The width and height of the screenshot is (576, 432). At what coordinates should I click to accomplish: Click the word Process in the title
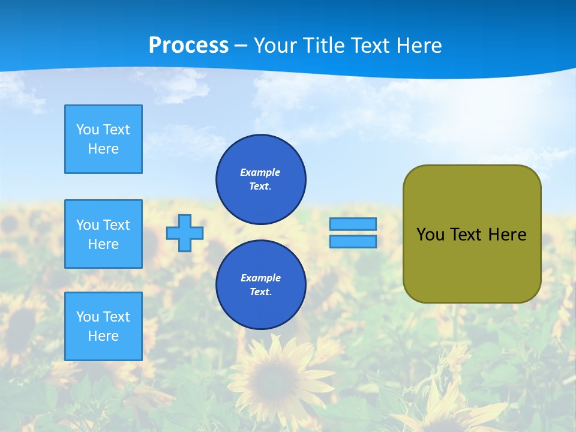188,46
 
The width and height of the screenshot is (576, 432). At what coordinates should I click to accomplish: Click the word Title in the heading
324,46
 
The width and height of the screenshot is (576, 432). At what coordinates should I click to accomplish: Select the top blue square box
103,139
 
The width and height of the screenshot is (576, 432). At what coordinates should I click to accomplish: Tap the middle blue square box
103,234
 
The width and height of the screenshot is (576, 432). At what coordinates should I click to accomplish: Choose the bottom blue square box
103,326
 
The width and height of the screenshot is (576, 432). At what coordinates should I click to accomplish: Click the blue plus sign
185,233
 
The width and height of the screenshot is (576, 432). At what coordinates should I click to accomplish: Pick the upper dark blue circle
261,179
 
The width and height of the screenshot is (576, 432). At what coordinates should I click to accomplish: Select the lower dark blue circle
261,285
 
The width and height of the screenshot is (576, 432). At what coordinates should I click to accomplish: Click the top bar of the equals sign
353,224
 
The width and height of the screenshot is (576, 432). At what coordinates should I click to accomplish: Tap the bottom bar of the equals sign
353,242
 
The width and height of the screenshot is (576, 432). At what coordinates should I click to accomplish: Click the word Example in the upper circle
260,172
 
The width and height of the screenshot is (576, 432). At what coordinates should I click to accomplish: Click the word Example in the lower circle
260,278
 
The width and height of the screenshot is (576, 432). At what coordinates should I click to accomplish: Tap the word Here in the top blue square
103,149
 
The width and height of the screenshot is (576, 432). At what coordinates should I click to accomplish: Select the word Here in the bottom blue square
103,336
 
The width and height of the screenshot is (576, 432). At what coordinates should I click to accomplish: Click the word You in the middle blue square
88,225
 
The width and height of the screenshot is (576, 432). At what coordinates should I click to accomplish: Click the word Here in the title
418,46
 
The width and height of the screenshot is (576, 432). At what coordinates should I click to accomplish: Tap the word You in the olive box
430,235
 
